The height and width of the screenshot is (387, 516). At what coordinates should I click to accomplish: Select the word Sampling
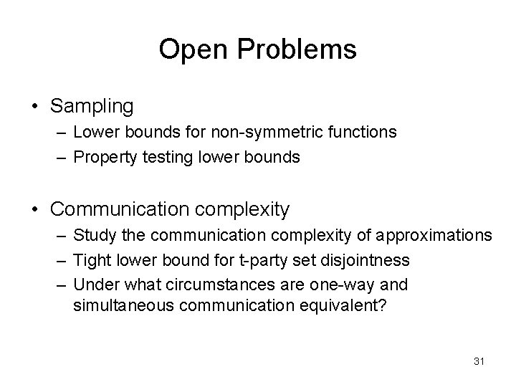(92, 107)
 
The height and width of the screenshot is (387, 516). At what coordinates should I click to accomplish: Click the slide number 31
(479, 362)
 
